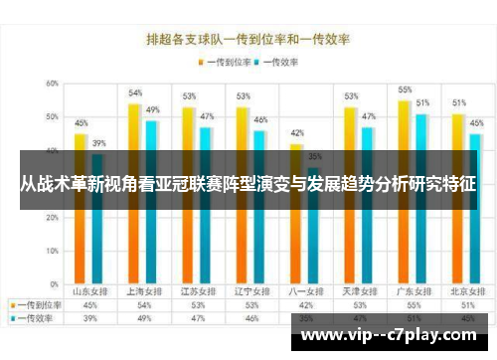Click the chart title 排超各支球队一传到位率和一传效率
point(248,41)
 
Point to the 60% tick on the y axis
point(50,84)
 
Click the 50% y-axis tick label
point(50,117)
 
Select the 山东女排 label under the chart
point(90,292)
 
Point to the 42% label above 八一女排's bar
point(296,132)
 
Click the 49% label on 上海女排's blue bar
point(153,109)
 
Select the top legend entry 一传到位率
point(225,62)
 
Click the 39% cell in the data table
point(90,317)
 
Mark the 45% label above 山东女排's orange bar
point(82,123)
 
